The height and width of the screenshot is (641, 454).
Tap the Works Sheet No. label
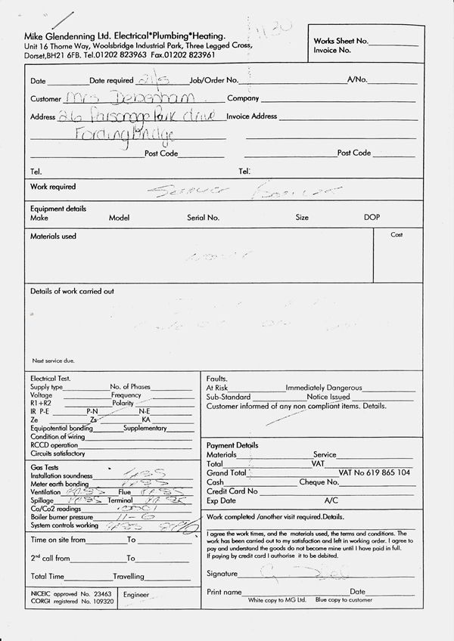pyautogui.click(x=341, y=41)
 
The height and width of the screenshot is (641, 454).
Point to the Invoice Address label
pyautogui.click(x=252, y=116)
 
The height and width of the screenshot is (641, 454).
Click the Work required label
pyautogui.click(x=53, y=187)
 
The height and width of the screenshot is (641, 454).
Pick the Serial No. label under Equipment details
pyautogui.click(x=203, y=218)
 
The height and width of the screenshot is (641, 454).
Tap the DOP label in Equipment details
pyautogui.click(x=372, y=218)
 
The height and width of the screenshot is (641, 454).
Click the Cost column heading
pyautogui.click(x=396, y=235)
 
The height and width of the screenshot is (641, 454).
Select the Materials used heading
pyautogui.click(x=53, y=237)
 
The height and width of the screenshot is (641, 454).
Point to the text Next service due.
pyautogui.click(x=54, y=360)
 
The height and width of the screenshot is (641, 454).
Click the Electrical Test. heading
pyautogui.click(x=51, y=378)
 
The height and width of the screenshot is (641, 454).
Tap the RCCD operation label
pyautogui.click(x=54, y=445)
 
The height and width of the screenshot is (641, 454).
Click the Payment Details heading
pyautogui.click(x=232, y=445)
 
